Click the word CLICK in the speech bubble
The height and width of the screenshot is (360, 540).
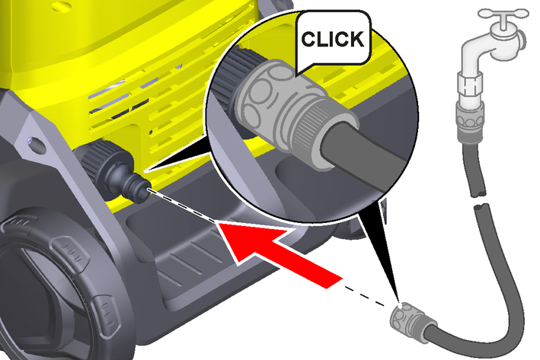pos(332,39)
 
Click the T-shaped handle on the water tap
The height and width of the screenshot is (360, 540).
pos(503,14)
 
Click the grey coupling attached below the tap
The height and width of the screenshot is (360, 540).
pos(471,120)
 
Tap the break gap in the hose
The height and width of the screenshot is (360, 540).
pos(480,201)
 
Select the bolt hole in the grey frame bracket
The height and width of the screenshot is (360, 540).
pos(36,144)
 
